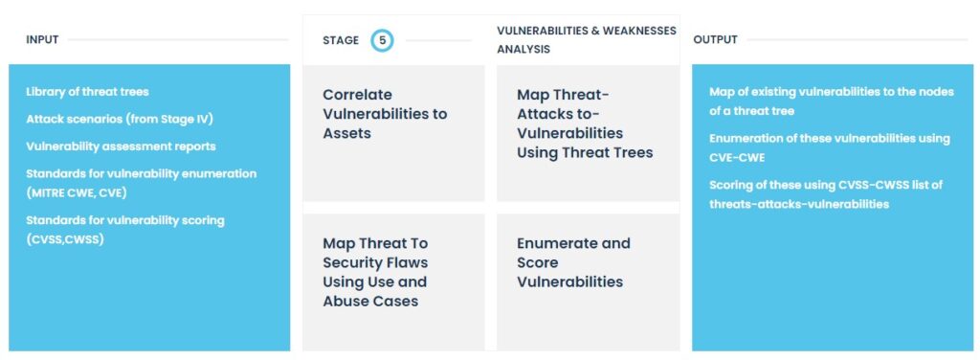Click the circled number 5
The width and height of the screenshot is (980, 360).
pos(382,40)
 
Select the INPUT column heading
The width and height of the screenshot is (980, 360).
pos(42,40)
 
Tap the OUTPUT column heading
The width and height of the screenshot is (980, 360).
pos(715,40)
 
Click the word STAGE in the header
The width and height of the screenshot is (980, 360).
pos(341,40)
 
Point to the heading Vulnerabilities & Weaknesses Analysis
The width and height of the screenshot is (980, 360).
pos(587,40)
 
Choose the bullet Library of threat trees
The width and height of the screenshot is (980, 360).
pos(87,92)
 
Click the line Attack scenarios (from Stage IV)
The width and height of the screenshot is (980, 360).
pos(120,119)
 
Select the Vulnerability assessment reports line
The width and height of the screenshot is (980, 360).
pos(121,146)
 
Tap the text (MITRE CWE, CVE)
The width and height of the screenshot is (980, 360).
pos(77,193)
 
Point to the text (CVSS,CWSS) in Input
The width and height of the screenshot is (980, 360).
pos(65,239)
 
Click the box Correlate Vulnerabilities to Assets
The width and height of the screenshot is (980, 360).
pos(393,132)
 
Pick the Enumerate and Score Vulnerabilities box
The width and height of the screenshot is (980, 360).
pos(589,281)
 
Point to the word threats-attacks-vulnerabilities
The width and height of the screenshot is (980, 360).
pos(799,204)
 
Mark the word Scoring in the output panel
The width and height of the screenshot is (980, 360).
pos(728,186)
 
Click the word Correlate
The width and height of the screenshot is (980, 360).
pos(358,95)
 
